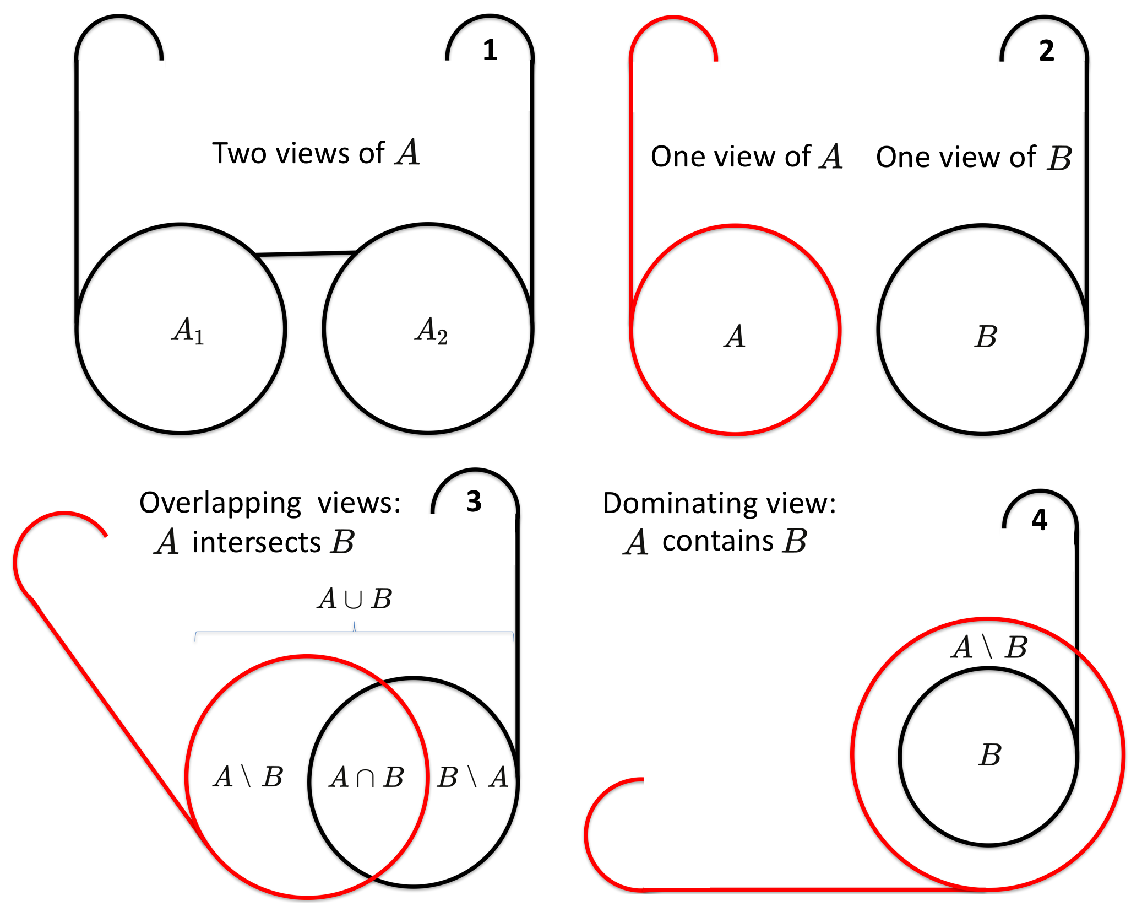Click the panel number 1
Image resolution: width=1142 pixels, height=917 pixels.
coord(490,50)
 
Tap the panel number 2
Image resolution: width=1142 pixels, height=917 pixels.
coord(1046,50)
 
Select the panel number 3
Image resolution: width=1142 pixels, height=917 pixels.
coord(474,501)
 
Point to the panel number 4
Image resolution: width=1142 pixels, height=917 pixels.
coord(1039,520)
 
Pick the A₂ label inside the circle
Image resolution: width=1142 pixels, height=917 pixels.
coord(431,331)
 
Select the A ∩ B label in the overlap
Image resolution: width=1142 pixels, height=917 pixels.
coord(366,778)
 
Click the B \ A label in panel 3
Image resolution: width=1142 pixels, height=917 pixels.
coord(472,778)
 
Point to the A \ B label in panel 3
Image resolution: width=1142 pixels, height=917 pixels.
coord(248,777)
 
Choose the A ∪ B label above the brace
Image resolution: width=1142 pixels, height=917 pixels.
coord(354,598)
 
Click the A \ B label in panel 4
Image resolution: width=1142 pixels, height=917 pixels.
coord(989,647)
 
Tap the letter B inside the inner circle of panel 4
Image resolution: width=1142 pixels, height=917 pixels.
coord(989,754)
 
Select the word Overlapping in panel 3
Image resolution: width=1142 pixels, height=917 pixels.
coord(220,503)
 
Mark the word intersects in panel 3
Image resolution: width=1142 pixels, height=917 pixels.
coord(256,542)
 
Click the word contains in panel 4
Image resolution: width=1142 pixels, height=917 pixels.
coord(717,541)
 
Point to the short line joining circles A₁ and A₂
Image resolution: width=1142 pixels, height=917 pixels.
coord(306,253)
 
